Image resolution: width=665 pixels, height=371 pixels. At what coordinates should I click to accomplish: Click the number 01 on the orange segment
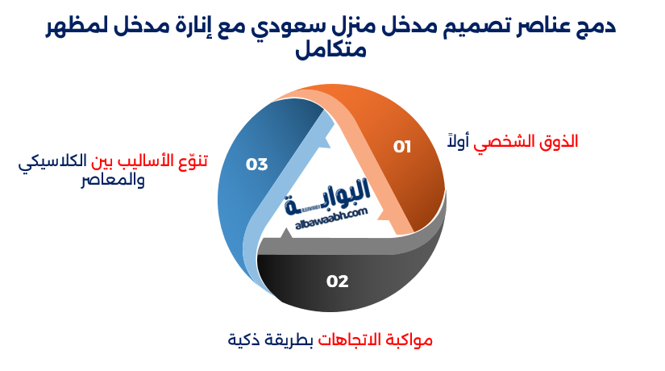click(402, 147)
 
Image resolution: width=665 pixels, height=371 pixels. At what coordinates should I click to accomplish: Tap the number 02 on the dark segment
click(337, 281)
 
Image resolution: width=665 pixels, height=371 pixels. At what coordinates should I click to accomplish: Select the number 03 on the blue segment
click(256, 165)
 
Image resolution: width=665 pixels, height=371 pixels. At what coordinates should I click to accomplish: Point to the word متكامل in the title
click(331, 52)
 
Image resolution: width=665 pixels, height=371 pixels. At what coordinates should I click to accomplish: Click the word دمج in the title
click(596, 27)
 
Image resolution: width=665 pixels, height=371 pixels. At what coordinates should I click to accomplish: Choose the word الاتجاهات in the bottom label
click(344, 340)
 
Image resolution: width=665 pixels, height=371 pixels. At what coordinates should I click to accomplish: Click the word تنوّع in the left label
click(190, 160)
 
